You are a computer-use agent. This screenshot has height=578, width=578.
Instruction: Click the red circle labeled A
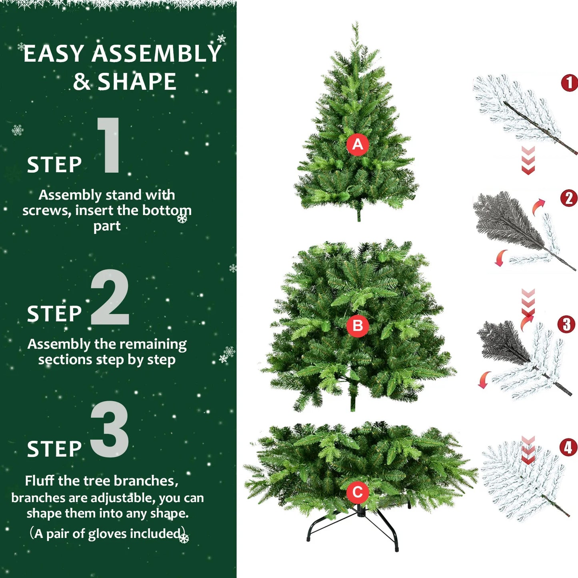point(357,144)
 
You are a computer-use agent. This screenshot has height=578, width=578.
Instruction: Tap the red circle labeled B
point(357,326)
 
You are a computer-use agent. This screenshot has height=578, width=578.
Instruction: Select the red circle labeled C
point(357,492)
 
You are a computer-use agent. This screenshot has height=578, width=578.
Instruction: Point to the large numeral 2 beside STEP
point(110,297)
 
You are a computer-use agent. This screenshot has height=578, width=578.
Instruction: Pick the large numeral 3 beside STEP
point(110,429)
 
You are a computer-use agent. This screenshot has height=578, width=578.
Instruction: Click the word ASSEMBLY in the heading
point(156,54)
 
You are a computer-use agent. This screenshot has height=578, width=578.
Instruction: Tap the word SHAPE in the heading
point(137,82)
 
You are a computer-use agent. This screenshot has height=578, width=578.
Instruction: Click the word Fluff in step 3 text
point(40,480)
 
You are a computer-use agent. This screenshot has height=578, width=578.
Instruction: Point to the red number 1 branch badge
point(569,83)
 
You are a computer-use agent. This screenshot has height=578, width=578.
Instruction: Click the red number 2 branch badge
point(569,198)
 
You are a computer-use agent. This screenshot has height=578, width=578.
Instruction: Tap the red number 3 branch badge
point(566,324)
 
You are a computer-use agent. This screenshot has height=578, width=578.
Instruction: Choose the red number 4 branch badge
point(568,447)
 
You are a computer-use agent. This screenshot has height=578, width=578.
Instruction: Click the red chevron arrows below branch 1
point(528,160)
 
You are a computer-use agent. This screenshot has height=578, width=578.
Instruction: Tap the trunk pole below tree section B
point(353,400)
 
